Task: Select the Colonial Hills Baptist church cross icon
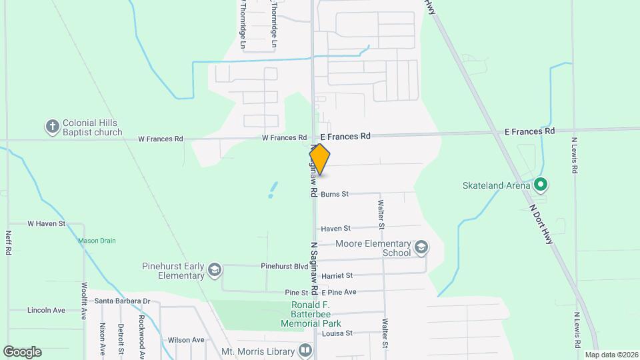52,127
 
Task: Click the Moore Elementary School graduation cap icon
421,248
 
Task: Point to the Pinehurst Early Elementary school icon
214,269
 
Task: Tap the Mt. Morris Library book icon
305,350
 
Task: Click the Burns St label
335,195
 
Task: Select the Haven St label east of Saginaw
335,229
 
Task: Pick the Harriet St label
337,275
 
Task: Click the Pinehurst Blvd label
285,265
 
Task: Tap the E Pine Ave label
339,293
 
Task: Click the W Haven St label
46,224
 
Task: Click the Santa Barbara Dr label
122,301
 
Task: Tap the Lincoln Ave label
46,311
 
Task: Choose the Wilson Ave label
186,340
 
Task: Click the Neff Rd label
9,243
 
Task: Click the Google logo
22,351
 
